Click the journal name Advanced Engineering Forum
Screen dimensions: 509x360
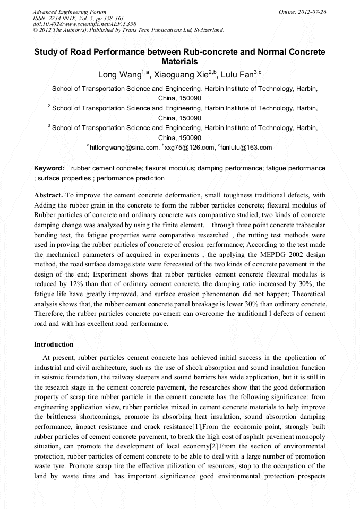(70, 11)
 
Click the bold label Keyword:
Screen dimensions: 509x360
(49, 168)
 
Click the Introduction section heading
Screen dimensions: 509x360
(54, 344)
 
